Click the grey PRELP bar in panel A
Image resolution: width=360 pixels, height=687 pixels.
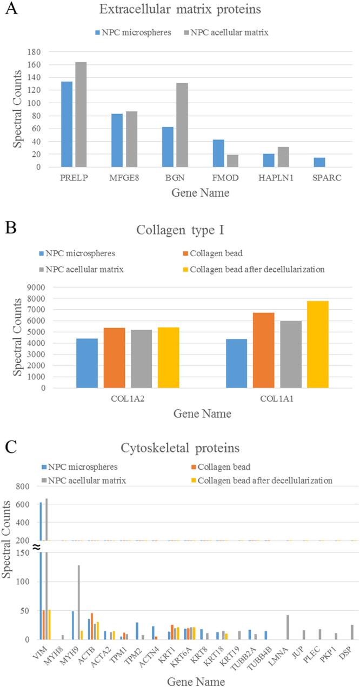click(81, 115)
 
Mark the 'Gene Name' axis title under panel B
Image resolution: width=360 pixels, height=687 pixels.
click(202, 414)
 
